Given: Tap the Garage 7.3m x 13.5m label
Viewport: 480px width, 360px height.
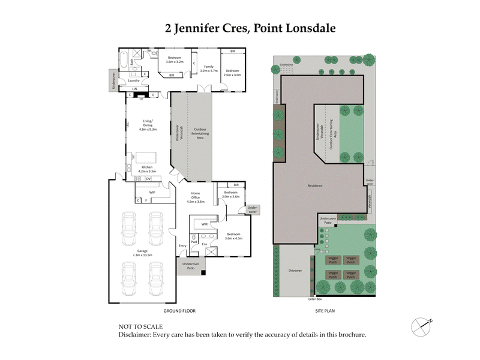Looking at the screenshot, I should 142,253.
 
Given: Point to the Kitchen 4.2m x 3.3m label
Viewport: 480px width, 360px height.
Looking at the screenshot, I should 147,169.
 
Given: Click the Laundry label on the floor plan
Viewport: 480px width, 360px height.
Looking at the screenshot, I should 134,80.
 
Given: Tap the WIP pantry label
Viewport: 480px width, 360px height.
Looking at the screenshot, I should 153,193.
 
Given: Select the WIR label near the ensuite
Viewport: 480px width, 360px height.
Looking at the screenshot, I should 205,224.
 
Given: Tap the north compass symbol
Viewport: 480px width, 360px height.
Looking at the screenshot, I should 422,326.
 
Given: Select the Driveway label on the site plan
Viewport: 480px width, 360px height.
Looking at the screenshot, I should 295,271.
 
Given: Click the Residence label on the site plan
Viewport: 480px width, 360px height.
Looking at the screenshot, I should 316,185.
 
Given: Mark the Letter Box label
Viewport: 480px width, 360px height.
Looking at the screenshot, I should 316,299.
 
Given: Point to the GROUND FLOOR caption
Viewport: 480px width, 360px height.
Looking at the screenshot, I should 180,311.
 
